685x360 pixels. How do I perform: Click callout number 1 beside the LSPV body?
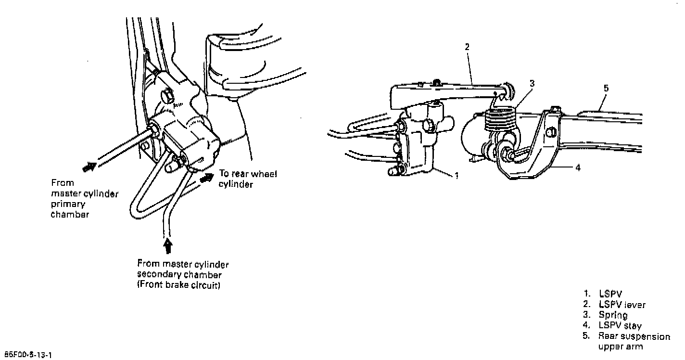point(456,176)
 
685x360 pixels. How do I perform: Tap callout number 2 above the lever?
point(467,47)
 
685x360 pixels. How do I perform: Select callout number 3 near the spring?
point(532,83)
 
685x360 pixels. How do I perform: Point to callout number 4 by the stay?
point(578,168)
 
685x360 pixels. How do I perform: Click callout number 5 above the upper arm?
point(606,88)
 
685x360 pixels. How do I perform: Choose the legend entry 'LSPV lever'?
point(622,304)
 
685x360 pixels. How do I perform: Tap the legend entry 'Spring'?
point(613,315)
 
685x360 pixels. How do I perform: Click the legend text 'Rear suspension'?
point(634,336)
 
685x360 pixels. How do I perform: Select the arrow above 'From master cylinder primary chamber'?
point(89,167)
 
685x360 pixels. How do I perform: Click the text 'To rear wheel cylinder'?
point(247,179)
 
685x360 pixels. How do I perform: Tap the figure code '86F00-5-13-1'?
point(28,355)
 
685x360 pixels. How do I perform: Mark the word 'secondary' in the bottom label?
point(156,275)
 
